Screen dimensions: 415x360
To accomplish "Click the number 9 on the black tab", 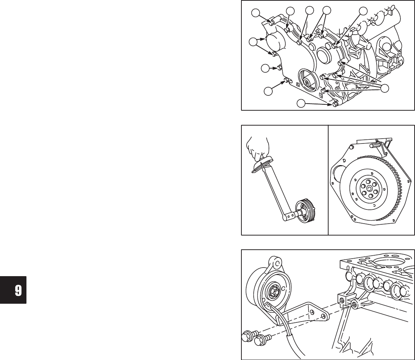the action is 18,290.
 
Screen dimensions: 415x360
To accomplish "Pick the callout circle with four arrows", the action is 385,88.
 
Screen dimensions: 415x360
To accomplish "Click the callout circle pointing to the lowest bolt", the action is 301,103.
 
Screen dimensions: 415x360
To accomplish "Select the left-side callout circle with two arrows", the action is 253,42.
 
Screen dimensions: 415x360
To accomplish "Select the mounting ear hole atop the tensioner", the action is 276,263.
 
